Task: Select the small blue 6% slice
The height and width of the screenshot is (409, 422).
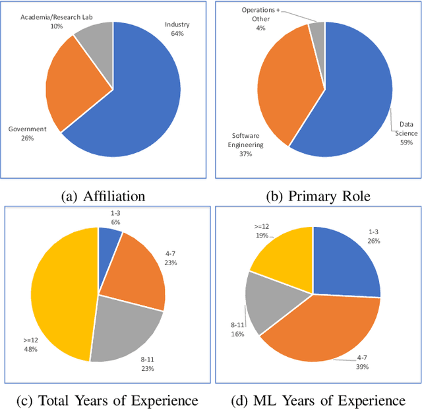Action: tap(109, 239)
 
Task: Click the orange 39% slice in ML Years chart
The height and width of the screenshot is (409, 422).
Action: tap(316, 330)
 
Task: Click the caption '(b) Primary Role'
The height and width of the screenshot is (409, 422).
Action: tap(318, 196)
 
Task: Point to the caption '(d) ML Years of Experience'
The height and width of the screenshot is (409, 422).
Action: tap(318, 400)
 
